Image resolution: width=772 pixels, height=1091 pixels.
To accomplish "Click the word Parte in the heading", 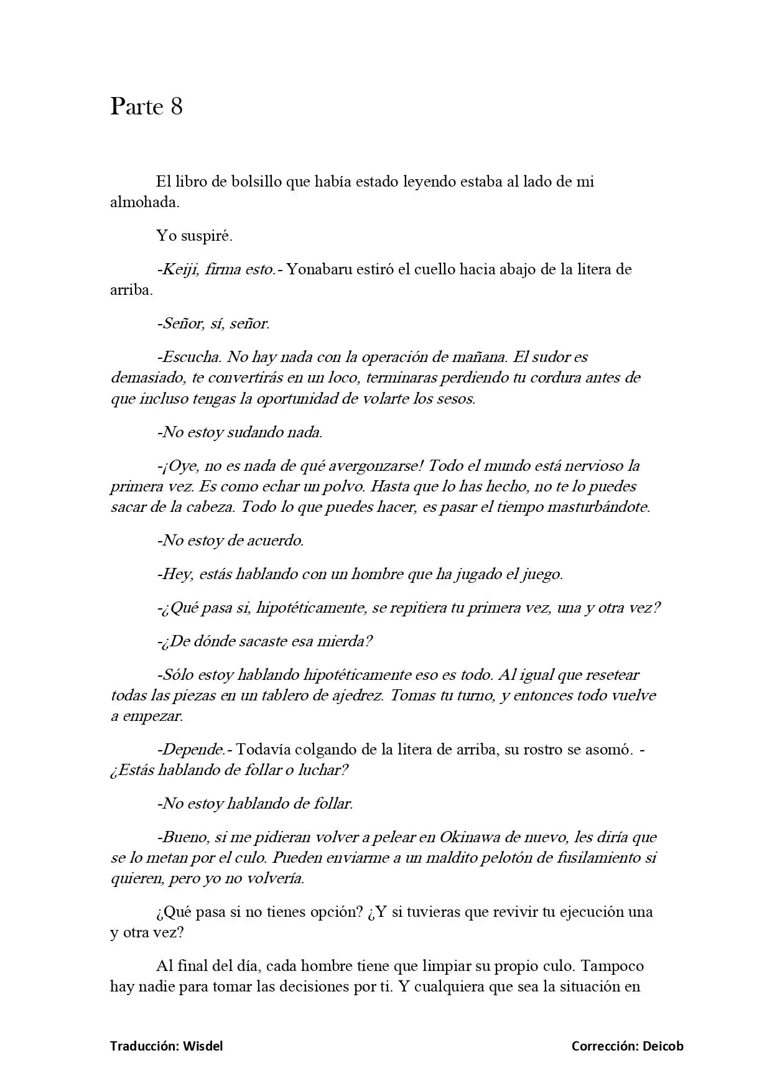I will click(136, 107).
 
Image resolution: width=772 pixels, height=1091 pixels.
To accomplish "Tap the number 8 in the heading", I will click(176, 107).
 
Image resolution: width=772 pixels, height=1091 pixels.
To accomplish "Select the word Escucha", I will click(191, 357).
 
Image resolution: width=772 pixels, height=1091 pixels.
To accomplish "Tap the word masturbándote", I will click(598, 506).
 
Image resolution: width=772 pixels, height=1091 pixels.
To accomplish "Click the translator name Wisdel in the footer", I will click(203, 1046).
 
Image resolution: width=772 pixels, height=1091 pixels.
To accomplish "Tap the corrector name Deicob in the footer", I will click(663, 1046).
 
